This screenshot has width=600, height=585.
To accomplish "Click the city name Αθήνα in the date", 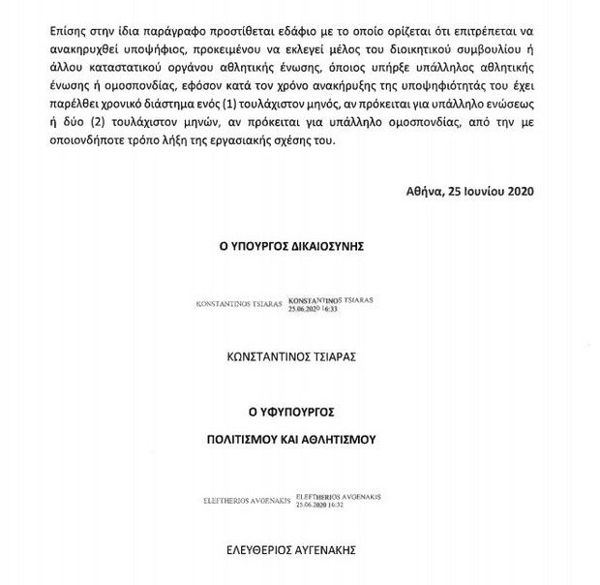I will coord(427,192).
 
